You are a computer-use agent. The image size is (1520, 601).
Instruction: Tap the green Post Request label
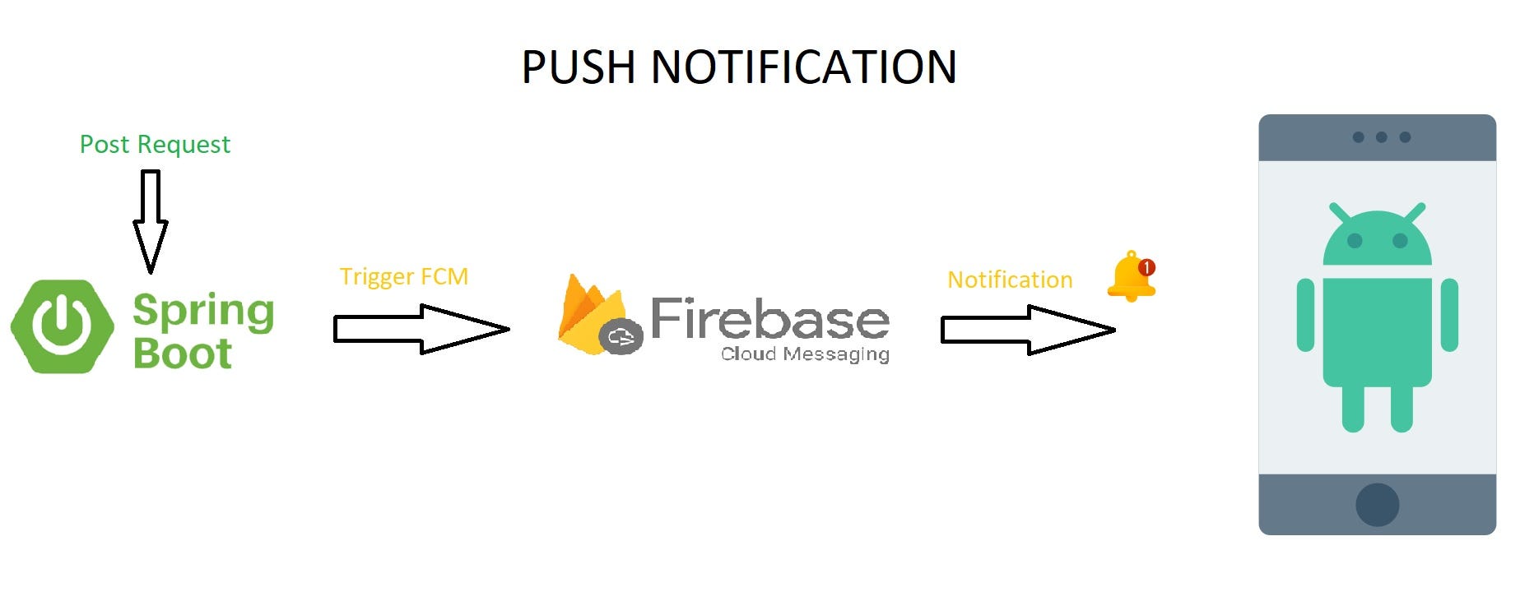[x=155, y=145]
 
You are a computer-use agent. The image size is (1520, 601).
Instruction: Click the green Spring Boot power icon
[x=63, y=326]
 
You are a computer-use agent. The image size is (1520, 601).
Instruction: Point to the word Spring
[x=203, y=311]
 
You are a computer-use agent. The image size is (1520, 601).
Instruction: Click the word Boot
[x=182, y=354]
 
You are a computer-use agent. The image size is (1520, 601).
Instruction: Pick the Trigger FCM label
[x=403, y=276]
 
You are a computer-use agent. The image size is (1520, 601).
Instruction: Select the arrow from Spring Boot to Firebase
[x=421, y=329]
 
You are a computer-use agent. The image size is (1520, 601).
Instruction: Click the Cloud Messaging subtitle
[x=805, y=354]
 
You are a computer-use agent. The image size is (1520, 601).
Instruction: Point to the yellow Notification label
[x=1010, y=280]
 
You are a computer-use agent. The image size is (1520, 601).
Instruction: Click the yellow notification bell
[x=1130, y=277]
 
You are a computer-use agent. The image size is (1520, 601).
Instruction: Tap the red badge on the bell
[x=1146, y=267]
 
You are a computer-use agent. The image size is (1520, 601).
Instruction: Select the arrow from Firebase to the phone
[x=1028, y=330]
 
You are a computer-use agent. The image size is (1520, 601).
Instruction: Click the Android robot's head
[x=1377, y=238]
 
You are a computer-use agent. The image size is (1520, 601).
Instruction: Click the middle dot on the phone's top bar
[x=1381, y=137]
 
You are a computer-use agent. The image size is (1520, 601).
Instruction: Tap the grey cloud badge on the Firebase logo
[x=621, y=336]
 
